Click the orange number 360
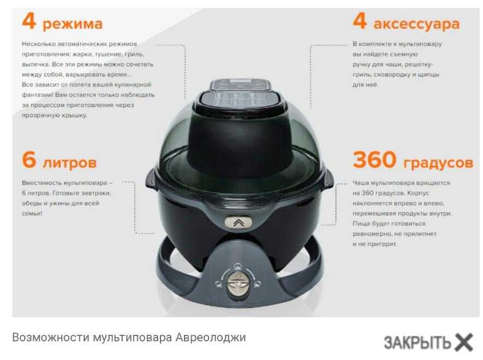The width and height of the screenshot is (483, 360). [x=374, y=160]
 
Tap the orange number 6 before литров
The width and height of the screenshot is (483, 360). [x=29, y=160]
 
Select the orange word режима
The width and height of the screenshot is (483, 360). [x=73, y=24]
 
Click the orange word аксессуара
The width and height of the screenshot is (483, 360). [x=416, y=24]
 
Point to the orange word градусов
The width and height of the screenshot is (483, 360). [x=438, y=163]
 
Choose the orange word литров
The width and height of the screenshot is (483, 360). [x=70, y=163]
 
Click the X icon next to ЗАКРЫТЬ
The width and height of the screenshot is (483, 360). [x=464, y=342]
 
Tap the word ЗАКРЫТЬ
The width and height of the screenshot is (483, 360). [x=418, y=343]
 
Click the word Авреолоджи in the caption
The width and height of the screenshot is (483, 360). [x=211, y=338]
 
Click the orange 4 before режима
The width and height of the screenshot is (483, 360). [x=29, y=21]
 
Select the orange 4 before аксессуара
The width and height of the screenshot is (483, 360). [x=360, y=21]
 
